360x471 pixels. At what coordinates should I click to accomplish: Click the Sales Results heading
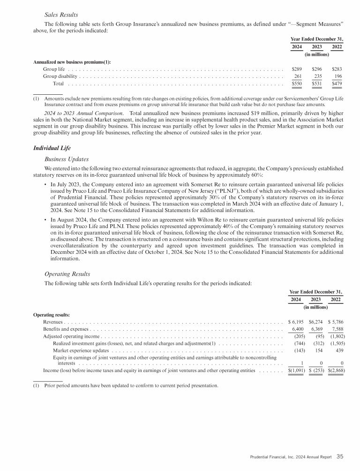point(61,15)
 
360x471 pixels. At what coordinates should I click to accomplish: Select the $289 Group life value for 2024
point(296,69)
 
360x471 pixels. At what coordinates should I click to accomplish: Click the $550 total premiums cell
point(296,84)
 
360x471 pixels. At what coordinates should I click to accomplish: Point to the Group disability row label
point(60,76)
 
